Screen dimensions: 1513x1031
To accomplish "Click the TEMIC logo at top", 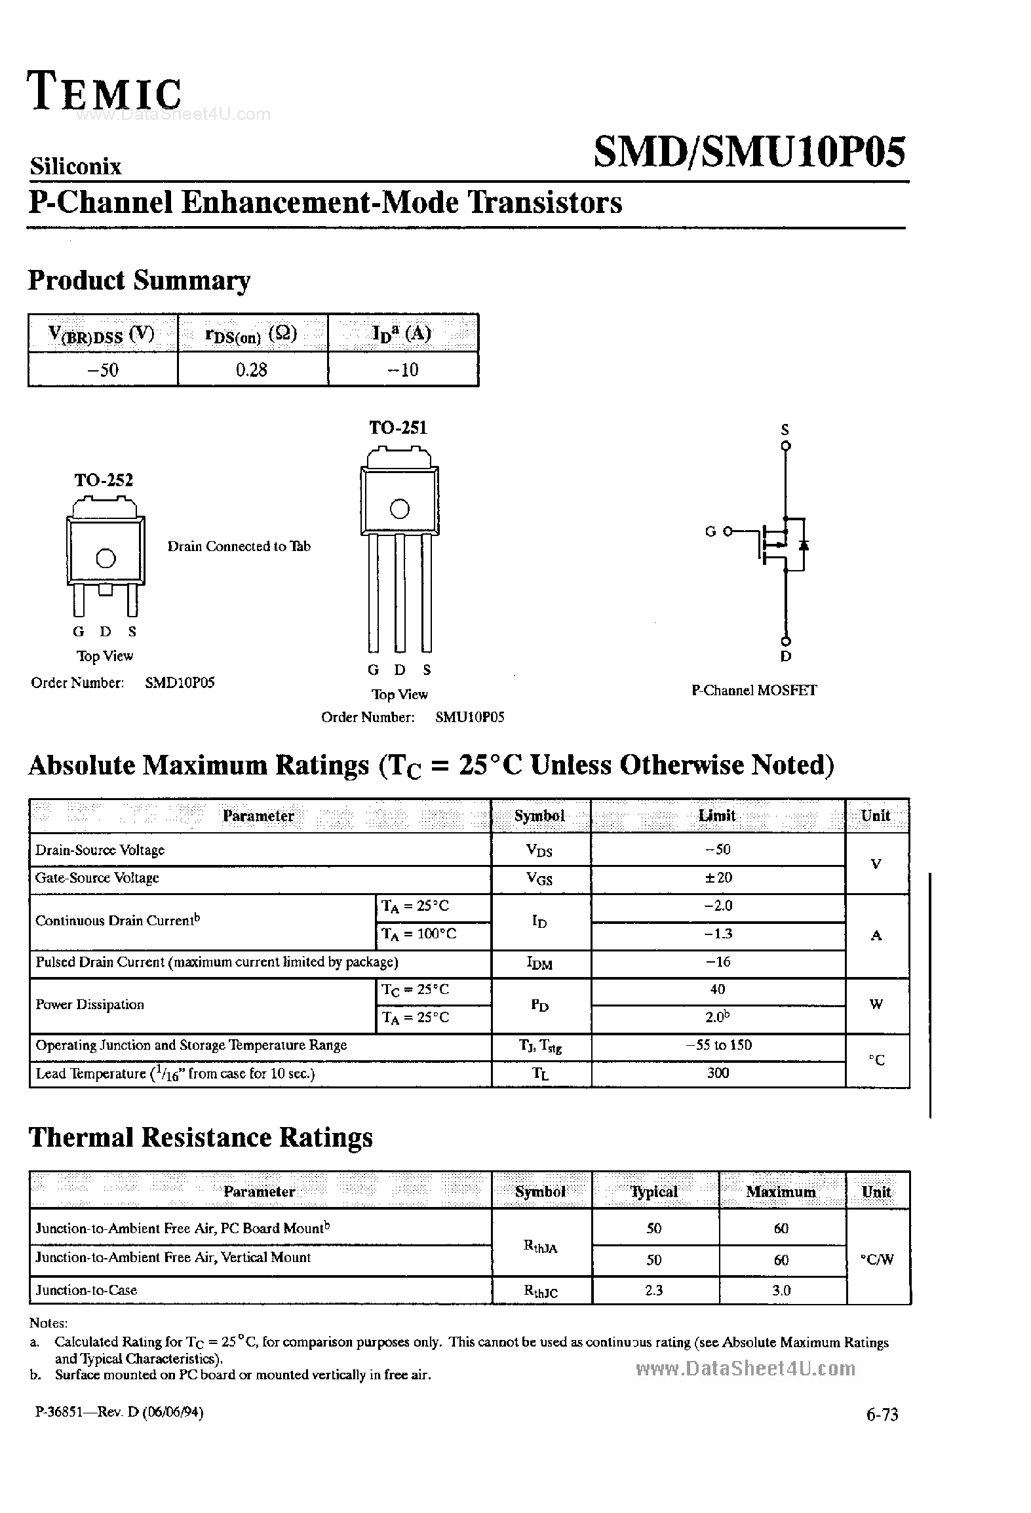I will tap(105, 92).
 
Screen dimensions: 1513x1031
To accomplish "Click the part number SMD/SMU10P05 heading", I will tap(749, 153).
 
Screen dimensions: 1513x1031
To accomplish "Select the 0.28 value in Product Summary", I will tap(252, 370).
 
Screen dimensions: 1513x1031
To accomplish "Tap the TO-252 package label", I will tap(104, 480).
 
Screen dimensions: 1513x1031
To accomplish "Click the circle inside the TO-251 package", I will tap(399, 508).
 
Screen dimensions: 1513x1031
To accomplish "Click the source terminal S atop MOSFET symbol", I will tap(785, 431).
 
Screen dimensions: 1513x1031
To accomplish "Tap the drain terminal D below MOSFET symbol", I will tap(786, 656).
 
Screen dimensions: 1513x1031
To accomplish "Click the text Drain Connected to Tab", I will tap(239, 546).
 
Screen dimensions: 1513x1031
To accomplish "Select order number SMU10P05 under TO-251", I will tap(469, 717).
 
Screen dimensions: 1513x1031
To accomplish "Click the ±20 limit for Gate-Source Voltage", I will tap(718, 877).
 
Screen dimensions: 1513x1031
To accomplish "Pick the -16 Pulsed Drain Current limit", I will tap(718, 962).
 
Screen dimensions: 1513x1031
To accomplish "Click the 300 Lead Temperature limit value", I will tap(718, 1073).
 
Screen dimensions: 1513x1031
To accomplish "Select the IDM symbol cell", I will tap(539, 964).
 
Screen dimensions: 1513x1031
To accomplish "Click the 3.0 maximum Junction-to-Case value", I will tap(781, 1290).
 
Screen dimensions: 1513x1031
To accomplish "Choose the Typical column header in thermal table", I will tap(653, 1191).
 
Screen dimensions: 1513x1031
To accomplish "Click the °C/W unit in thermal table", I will tap(877, 1259).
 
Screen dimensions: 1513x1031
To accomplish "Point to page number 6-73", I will tap(882, 1415).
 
